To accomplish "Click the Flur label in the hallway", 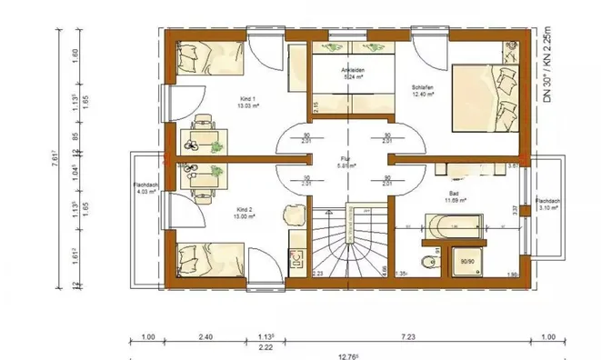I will coord(345,162).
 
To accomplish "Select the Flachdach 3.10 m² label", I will coord(546,204).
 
